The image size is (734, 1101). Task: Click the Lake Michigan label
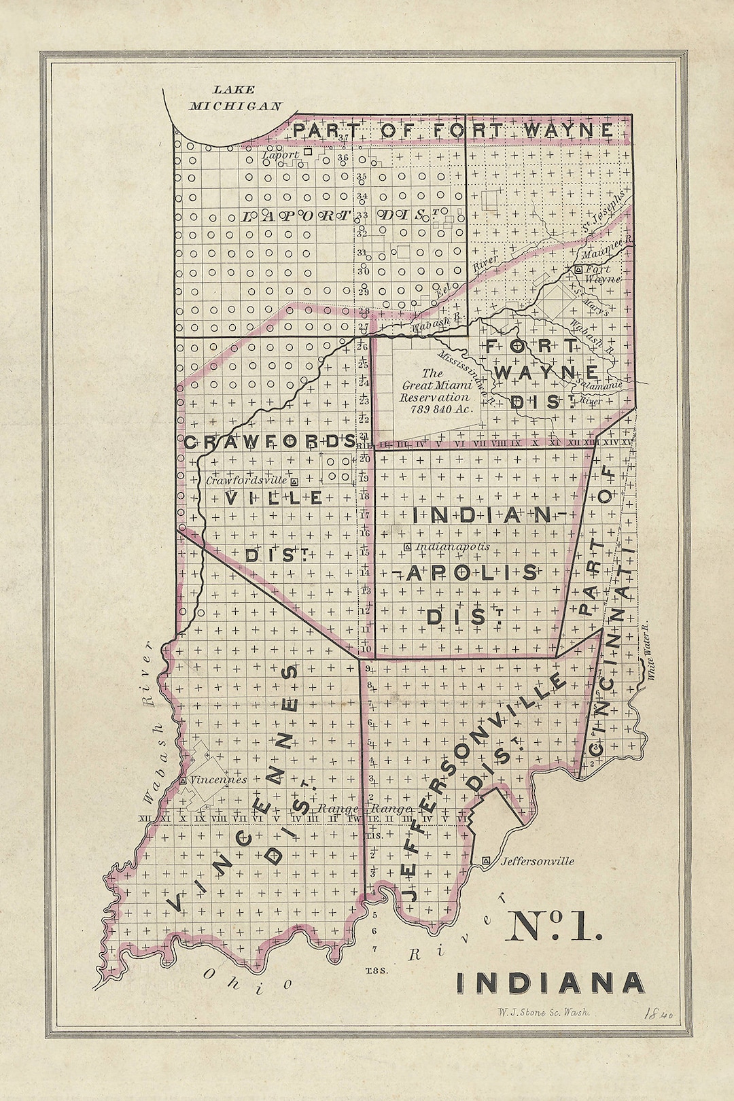pos(234,98)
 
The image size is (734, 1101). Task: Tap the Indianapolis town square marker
pos(407,547)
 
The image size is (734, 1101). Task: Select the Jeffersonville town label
pos(537,861)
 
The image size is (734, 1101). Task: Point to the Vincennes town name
pos(218,780)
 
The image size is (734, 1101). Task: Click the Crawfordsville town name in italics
pos(246,480)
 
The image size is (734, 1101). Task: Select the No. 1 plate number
pos(553,926)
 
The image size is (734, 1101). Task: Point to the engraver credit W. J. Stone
pos(543,1012)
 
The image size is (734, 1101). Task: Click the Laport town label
pos(280,155)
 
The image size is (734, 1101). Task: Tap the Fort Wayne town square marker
pos(578,270)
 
